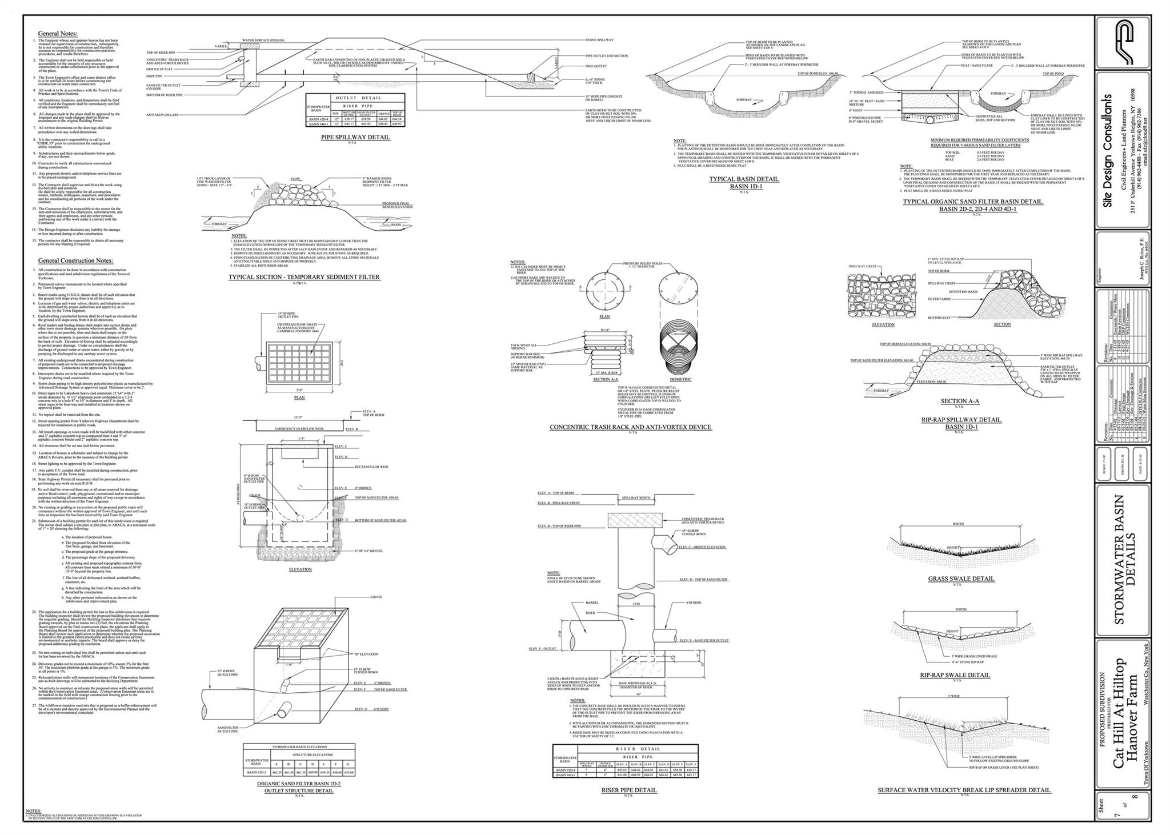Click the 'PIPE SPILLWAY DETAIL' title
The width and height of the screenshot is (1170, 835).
(x=355, y=138)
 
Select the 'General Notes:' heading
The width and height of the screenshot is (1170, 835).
(x=58, y=34)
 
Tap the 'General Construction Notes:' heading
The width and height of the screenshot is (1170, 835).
(x=75, y=260)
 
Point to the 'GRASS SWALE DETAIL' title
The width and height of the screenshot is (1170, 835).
(x=961, y=579)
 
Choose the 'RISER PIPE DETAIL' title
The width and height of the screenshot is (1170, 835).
(x=628, y=790)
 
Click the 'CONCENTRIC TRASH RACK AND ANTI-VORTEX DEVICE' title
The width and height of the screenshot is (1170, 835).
(x=630, y=427)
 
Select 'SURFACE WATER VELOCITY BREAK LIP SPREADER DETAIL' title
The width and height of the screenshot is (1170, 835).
(x=964, y=790)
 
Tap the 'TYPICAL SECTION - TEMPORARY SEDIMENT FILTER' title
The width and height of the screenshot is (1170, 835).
(x=304, y=278)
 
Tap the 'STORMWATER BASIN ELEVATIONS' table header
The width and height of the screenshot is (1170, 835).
(x=299, y=747)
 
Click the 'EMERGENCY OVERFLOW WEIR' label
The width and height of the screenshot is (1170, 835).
(x=300, y=429)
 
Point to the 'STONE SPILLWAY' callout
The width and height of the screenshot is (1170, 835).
(x=599, y=40)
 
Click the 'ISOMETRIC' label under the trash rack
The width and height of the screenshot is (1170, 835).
(x=680, y=379)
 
